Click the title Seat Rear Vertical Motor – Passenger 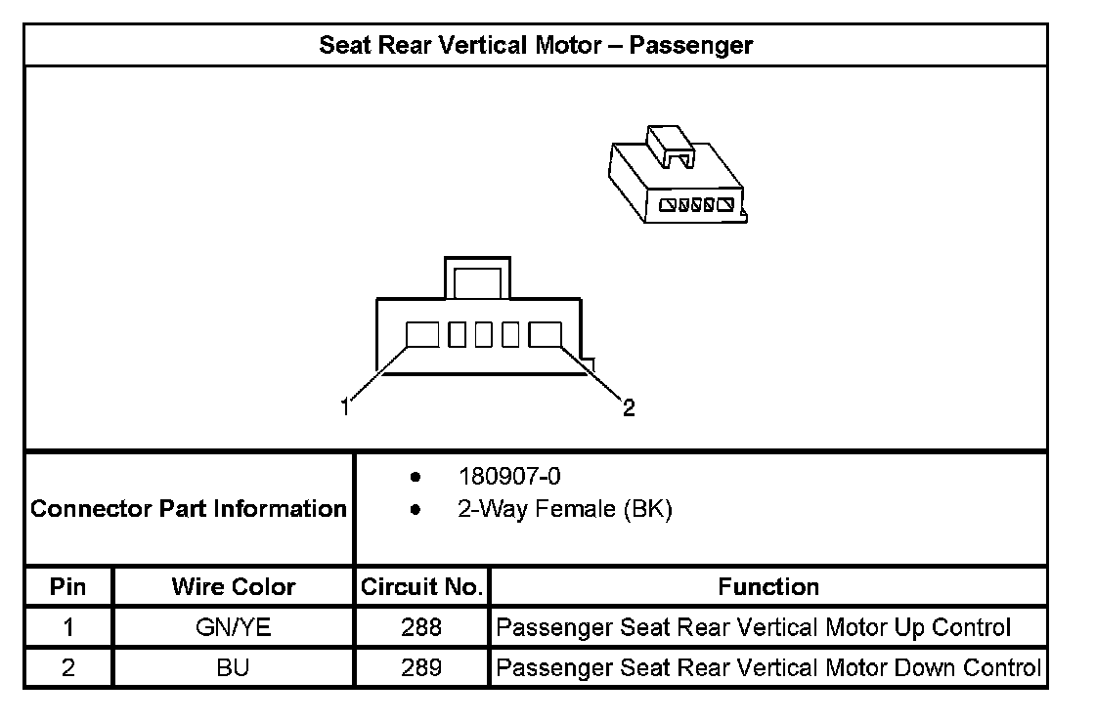click(536, 45)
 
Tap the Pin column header click(67, 587)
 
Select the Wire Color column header click(233, 587)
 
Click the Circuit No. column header click(421, 587)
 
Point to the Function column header click(768, 587)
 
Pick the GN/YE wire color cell click(233, 627)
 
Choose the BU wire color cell click(233, 668)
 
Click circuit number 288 click(421, 627)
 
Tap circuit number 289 click(421, 668)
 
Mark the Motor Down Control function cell click(768, 668)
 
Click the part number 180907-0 click(509, 477)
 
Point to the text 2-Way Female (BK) click(565, 509)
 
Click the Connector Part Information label click(189, 509)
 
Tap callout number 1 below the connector click(344, 407)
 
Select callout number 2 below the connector click(629, 407)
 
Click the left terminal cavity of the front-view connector click(422, 335)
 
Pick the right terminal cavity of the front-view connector click(545, 335)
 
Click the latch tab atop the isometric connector click(670, 143)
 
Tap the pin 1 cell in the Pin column click(67, 627)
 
